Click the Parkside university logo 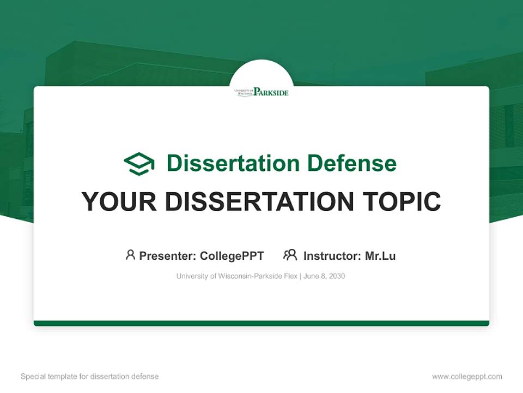tap(261, 92)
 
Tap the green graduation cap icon tap(139, 164)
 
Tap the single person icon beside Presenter tap(130, 255)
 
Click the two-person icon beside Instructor tap(290, 255)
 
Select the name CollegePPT tap(232, 255)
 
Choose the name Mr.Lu tap(380, 255)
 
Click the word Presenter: tap(168, 255)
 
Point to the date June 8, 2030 tap(324, 276)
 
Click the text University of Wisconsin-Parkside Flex tap(236, 276)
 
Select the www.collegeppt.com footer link tap(467, 377)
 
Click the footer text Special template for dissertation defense tap(89, 377)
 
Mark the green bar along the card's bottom tap(261, 323)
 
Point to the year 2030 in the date tap(336, 276)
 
